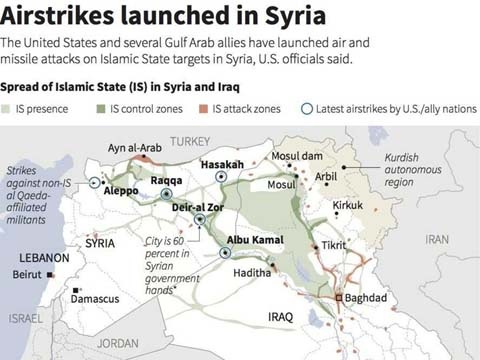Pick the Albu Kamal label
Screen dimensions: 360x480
[x=248, y=240]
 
